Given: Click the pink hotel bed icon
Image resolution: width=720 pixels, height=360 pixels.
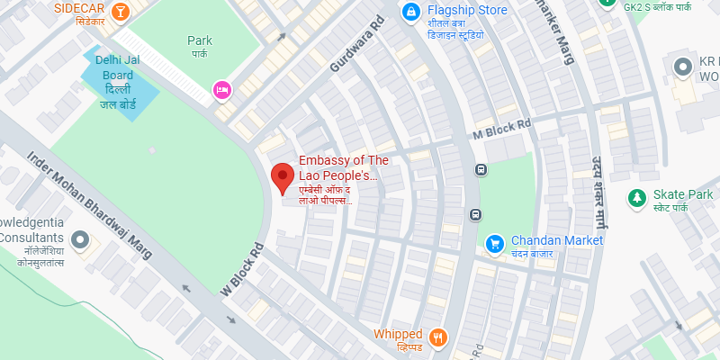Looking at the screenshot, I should (220, 89).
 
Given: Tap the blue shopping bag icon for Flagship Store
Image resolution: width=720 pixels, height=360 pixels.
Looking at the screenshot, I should (410, 12).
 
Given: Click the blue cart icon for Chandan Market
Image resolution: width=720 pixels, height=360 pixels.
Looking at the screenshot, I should (494, 242).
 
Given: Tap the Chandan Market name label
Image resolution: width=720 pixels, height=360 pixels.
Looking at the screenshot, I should (556, 240).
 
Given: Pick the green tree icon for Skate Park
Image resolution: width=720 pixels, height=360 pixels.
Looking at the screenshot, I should (637, 196).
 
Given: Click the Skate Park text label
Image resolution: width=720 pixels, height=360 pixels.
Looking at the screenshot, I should (683, 194).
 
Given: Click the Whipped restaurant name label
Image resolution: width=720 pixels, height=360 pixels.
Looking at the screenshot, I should (398, 335).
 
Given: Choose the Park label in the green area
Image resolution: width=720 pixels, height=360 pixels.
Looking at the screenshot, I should (200, 40).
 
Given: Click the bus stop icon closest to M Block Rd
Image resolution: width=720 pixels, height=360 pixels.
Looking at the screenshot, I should (481, 169).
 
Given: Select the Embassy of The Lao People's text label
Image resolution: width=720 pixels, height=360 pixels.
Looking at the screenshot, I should (343, 167).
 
